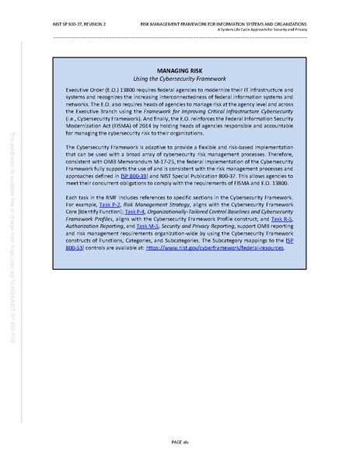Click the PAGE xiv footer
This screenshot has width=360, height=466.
[180, 441]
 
